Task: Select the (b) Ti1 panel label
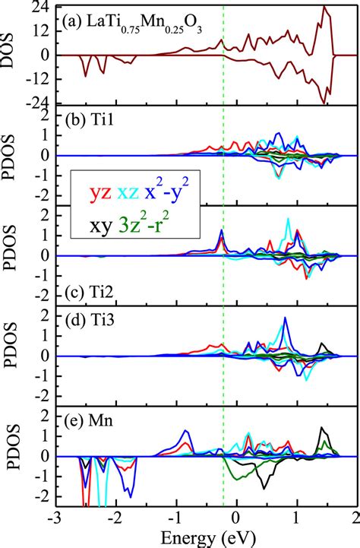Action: pos(89,119)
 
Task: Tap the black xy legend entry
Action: pos(99,224)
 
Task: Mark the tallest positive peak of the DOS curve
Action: pos(324,7)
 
